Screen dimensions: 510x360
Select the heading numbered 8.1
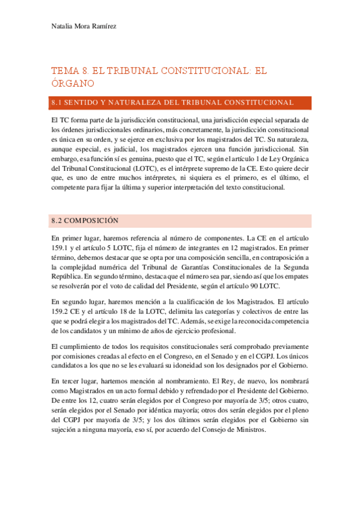coord(172,103)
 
